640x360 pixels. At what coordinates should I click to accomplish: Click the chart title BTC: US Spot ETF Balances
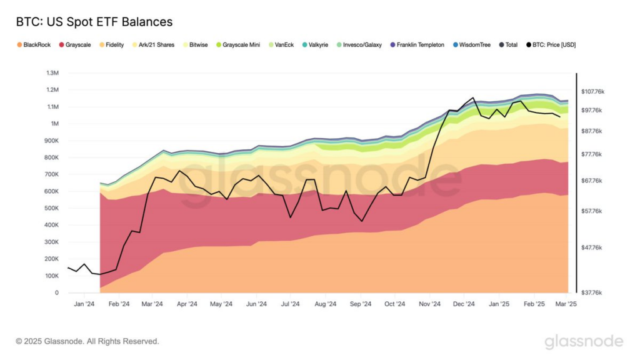(94, 22)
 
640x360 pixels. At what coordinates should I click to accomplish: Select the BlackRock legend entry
(36, 45)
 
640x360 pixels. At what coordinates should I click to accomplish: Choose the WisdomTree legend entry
(473, 45)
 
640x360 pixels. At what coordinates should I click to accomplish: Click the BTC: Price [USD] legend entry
(552, 45)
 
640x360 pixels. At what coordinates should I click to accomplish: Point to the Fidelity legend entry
(114, 45)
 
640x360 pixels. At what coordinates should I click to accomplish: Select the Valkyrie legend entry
(318, 45)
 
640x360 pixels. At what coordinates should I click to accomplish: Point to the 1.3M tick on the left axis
(52, 73)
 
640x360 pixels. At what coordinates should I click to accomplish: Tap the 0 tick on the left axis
(56, 292)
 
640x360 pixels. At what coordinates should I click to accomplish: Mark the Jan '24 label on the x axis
(84, 304)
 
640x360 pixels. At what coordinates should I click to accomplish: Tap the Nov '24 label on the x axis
(430, 304)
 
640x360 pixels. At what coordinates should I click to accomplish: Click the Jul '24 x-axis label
(291, 304)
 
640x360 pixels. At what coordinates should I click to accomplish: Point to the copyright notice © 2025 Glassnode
(87, 341)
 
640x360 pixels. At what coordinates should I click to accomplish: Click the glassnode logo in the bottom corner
(584, 341)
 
